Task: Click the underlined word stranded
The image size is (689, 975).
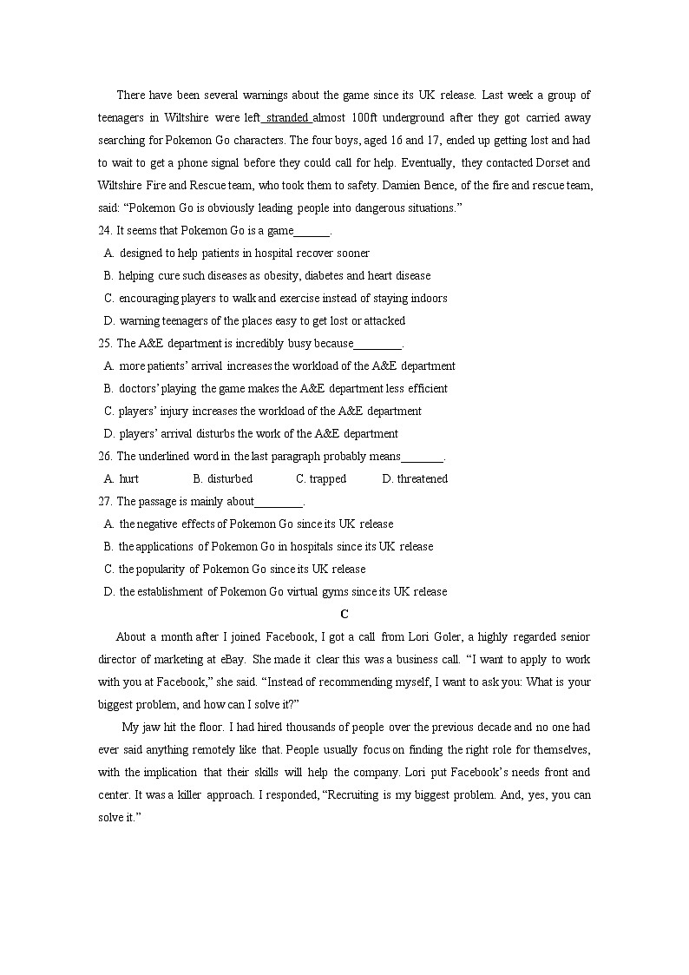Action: tap(287, 117)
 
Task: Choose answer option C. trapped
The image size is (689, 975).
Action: tap(321, 478)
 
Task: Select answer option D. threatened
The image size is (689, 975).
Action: tap(415, 478)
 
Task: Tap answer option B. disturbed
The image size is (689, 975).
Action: tap(223, 478)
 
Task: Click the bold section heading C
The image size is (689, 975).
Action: tap(344, 614)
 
